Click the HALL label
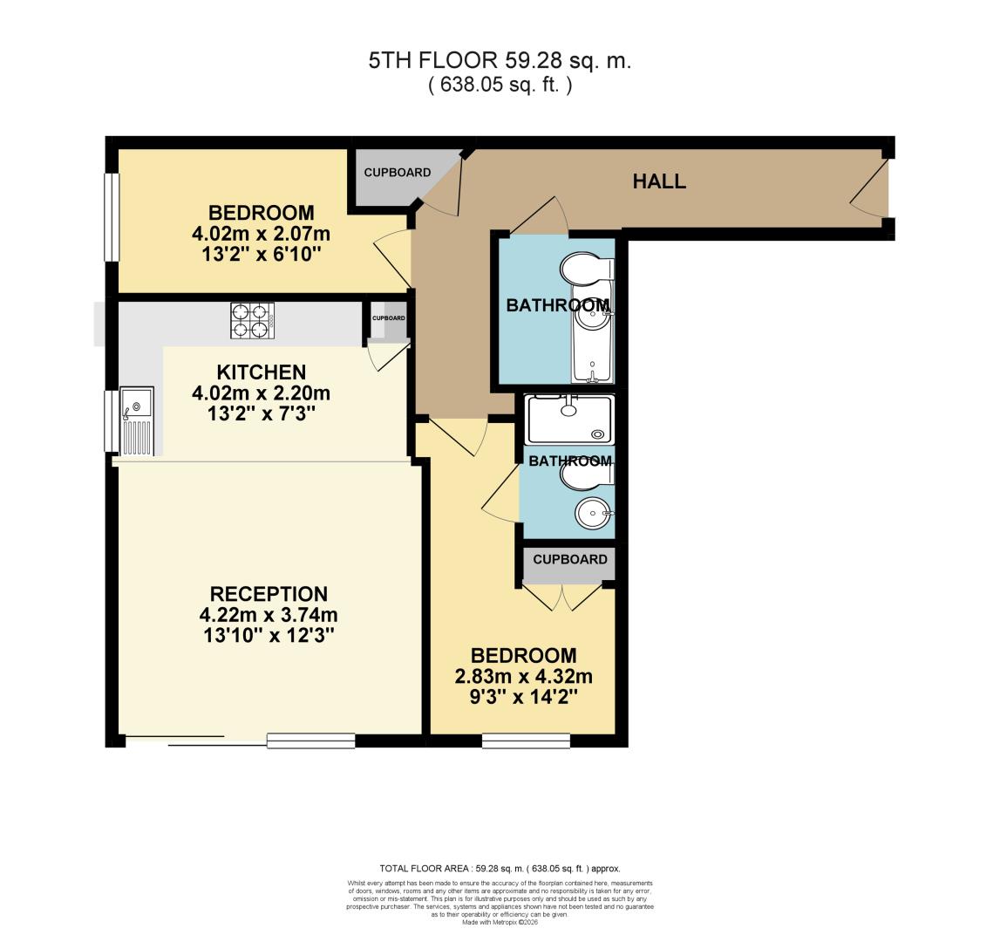point(659,182)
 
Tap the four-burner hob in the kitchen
point(253,320)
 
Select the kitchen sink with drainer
point(137,420)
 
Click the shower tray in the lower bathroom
point(569,420)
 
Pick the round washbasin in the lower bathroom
point(594,512)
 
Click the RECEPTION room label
point(269,594)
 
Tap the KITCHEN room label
point(262,372)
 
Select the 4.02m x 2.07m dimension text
point(261,234)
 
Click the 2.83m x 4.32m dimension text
point(524,677)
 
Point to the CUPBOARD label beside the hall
point(398,173)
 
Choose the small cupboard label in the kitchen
point(388,317)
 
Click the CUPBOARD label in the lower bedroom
point(570,560)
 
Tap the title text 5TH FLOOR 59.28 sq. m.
point(500,61)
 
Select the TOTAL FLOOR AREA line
point(500,868)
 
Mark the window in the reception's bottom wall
point(311,741)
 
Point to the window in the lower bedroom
point(526,741)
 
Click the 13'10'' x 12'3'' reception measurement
point(269,637)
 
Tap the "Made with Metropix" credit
point(500,922)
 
